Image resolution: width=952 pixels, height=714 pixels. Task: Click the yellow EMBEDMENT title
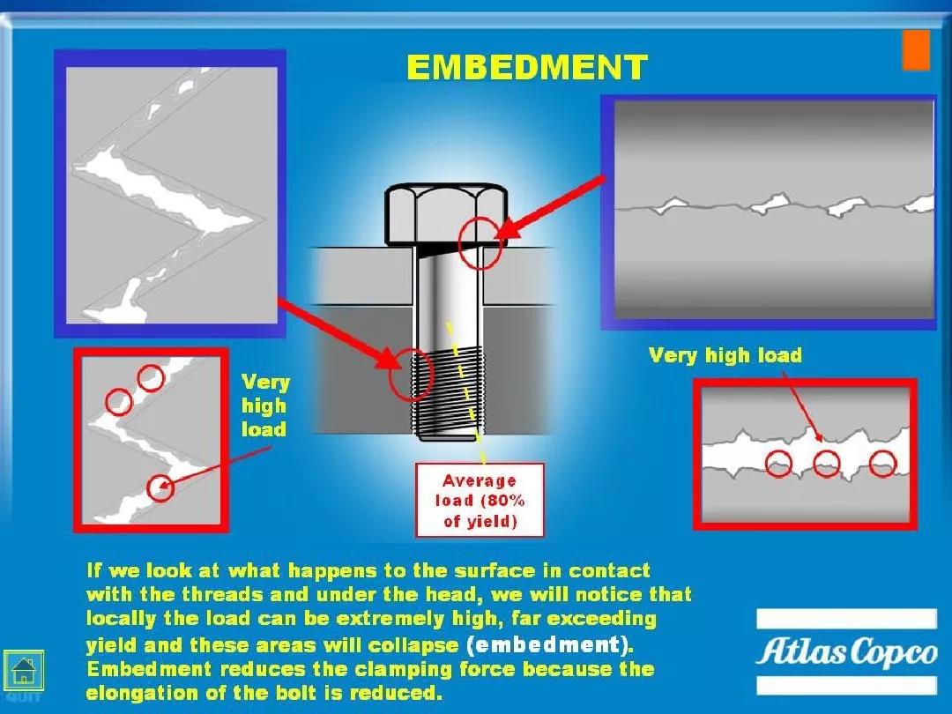527,67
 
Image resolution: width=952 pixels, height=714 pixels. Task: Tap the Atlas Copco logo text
846,652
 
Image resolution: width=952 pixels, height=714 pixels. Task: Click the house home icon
24,670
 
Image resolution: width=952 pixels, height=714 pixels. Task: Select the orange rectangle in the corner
916,50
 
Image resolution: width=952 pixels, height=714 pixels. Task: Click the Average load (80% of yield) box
480,501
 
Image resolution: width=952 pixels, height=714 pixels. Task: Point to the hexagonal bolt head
446,214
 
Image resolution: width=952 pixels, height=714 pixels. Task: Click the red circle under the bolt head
480,243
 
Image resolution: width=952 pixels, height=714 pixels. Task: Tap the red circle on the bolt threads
411,374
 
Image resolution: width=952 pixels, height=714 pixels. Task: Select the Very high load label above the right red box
725,355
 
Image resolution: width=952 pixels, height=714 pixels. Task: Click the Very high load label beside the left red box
265,405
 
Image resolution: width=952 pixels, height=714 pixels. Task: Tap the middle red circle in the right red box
826,464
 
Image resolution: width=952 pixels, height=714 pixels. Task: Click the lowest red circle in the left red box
160,487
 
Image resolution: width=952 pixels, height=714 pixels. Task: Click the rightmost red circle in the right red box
882,464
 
